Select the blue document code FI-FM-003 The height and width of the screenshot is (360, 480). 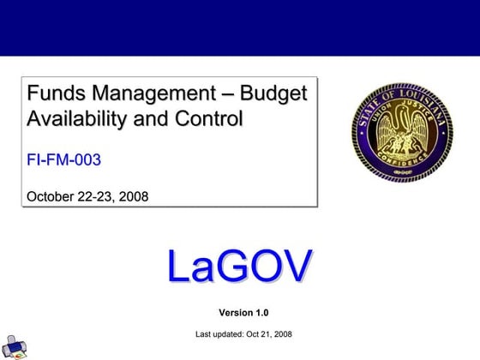[63, 159]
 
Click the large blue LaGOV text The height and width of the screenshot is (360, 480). [239, 266]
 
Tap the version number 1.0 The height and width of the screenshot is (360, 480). [265, 312]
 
